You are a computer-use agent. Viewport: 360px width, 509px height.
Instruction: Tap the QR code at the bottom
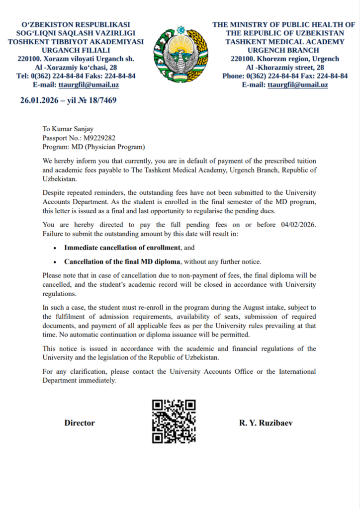174,421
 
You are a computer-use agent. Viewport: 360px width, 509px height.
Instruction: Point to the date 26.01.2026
39,100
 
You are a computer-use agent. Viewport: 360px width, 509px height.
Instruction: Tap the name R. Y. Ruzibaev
266,423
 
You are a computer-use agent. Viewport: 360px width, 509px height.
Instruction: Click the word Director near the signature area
79,423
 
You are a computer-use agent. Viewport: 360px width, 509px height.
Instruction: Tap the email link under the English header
297,85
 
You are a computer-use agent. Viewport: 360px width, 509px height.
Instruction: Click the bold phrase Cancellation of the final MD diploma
122,261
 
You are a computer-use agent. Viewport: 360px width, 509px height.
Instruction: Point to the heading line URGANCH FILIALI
76,50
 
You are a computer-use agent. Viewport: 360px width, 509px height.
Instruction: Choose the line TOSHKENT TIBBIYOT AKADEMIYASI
76,42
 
